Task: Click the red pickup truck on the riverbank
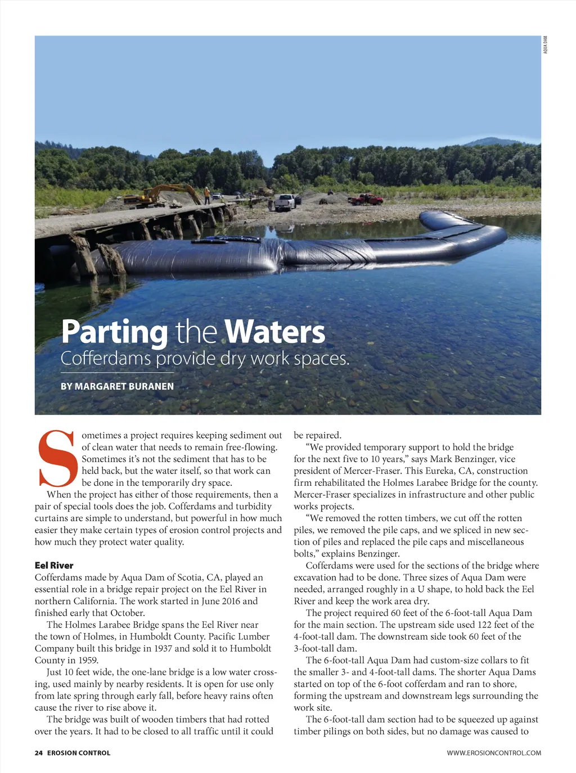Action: click(x=366, y=199)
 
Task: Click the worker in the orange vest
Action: click(x=207, y=195)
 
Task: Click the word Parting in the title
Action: click(x=114, y=332)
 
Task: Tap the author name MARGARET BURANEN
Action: click(x=124, y=386)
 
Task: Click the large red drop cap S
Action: click(x=56, y=458)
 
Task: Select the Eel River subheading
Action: click(x=54, y=566)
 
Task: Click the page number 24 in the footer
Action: click(x=39, y=753)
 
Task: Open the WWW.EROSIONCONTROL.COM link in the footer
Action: click(x=494, y=753)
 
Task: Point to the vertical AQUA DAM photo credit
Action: click(x=545, y=45)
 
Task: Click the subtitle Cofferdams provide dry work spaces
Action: click(x=205, y=359)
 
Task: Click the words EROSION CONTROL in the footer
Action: click(x=79, y=753)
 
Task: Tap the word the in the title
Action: click(x=196, y=332)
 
